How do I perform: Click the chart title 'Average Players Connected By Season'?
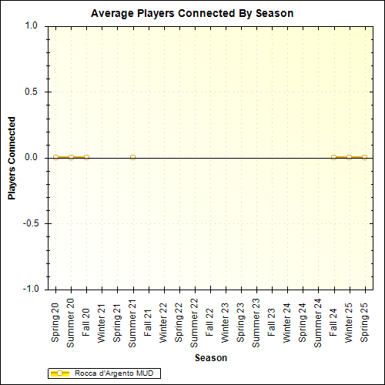(192, 13)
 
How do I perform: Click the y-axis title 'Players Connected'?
(12, 158)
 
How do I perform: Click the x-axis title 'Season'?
(210, 358)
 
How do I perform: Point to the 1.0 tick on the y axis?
(32, 25)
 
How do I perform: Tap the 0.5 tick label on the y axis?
(32, 92)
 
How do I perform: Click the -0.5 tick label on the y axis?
(30, 223)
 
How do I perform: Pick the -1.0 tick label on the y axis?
(30, 290)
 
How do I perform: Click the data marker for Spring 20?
(55, 157)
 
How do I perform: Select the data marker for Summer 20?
(71, 157)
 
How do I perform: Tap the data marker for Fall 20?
(86, 157)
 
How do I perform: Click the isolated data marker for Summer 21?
(133, 157)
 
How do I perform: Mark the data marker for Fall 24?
(333, 157)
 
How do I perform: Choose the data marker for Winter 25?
(349, 157)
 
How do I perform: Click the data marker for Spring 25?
(364, 157)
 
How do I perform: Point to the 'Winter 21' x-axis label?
(102, 322)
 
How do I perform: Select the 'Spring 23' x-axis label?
(241, 322)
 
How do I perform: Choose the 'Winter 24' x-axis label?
(287, 322)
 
